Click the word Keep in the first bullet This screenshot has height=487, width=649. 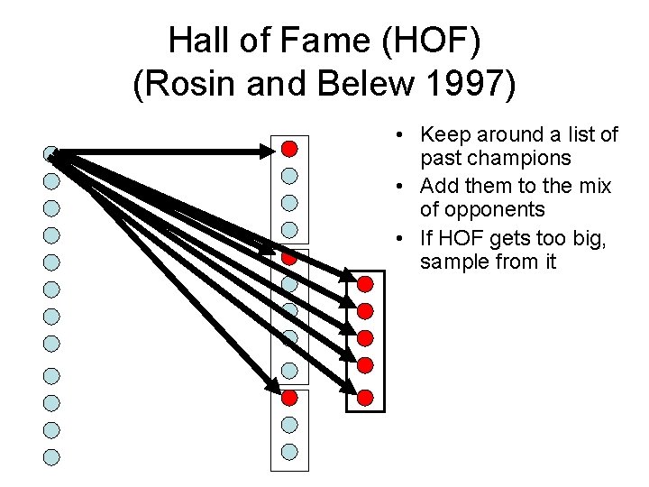(443, 134)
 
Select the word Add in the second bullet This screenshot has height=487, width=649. (437, 186)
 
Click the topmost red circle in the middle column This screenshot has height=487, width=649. (289, 148)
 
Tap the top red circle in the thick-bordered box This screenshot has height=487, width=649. (365, 284)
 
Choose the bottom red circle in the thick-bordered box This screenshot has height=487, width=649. (365, 396)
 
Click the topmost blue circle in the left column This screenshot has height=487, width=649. (52, 154)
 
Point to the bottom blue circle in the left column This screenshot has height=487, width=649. (52, 457)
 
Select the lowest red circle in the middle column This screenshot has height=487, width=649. (289, 397)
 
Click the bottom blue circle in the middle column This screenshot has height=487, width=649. (289, 451)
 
